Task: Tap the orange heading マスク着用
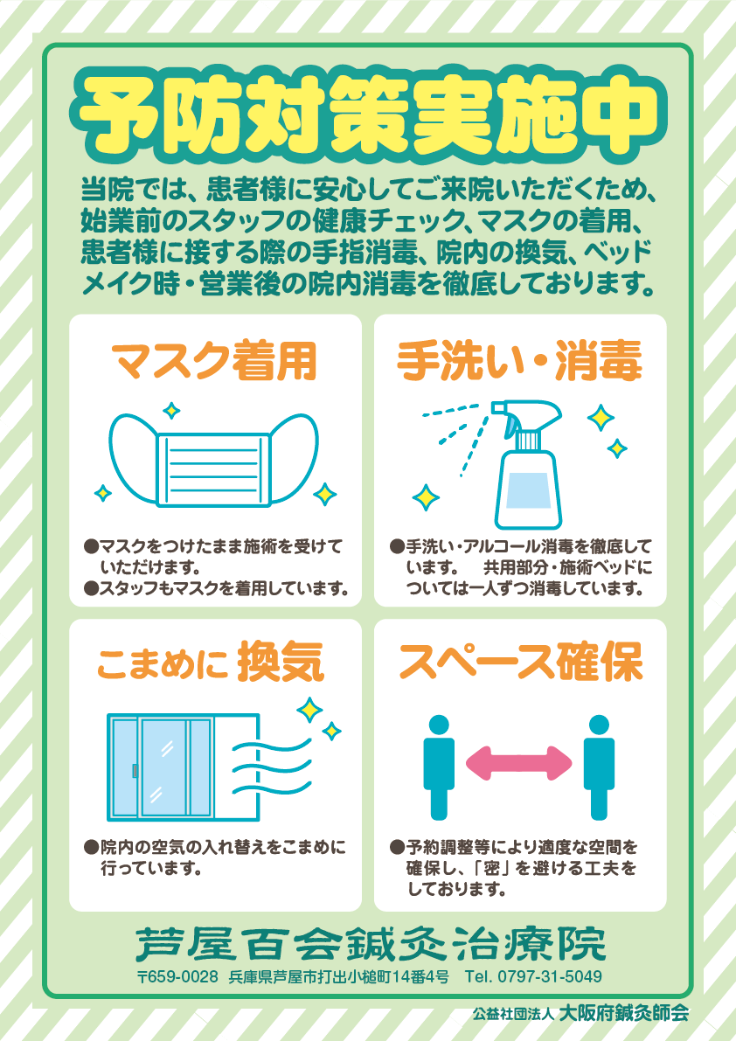(x=214, y=361)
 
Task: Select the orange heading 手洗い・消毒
(x=519, y=361)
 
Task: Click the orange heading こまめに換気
(x=211, y=662)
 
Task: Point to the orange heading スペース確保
(x=521, y=662)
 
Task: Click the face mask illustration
(x=213, y=461)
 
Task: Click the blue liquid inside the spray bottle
(x=528, y=490)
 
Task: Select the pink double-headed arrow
(x=519, y=764)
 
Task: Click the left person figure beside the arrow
(x=439, y=767)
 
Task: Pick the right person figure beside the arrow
(x=599, y=767)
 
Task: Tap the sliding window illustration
(x=184, y=767)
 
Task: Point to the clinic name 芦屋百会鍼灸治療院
(x=371, y=943)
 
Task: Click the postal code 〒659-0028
(x=177, y=976)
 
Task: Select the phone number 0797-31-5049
(x=550, y=976)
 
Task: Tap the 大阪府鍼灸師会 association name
(x=623, y=1013)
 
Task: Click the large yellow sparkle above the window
(x=309, y=709)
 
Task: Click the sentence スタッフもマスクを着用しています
(x=224, y=588)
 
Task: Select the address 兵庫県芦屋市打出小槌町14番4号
(x=338, y=976)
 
